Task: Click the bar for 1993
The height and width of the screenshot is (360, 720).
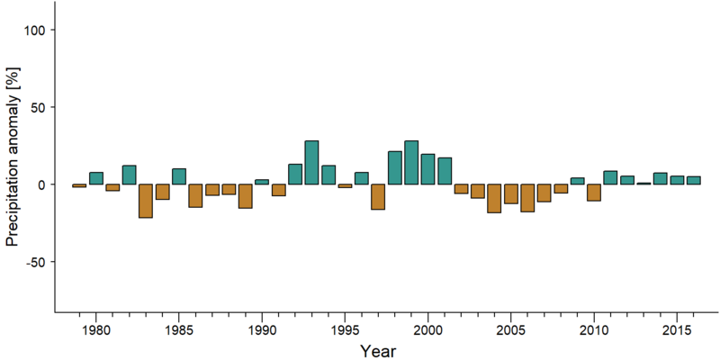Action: [311, 163]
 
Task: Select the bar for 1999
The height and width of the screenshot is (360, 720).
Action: [411, 163]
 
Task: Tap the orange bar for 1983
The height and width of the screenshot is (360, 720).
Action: [146, 201]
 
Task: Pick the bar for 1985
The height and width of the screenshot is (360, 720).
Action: [178, 176]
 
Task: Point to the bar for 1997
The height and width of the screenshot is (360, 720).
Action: [378, 196]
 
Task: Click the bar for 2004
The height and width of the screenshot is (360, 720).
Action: [494, 198]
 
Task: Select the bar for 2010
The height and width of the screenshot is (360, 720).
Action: [594, 193]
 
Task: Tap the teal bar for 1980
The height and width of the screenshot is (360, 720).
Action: [96, 178]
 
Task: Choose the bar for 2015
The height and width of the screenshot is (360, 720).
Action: [677, 180]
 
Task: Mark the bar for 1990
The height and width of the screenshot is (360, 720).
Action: [262, 182]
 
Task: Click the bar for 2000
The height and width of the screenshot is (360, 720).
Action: [428, 169]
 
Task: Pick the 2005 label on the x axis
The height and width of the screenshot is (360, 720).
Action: [510, 330]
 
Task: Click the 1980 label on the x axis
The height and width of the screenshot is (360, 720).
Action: [96, 330]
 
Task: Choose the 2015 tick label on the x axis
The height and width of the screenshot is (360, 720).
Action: [677, 330]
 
